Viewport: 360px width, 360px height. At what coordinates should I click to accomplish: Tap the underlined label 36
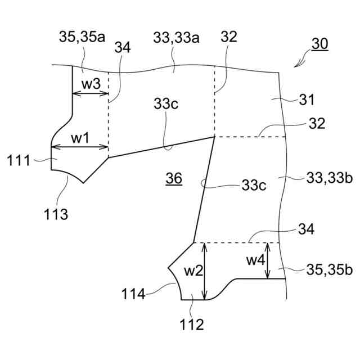(x=174, y=179)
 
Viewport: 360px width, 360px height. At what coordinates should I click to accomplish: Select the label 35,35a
(x=82, y=37)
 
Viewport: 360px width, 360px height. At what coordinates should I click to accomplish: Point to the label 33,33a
(x=176, y=37)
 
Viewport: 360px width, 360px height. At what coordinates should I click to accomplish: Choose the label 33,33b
(x=330, y=179)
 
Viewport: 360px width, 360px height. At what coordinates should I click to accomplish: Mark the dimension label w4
(x=256, y=260)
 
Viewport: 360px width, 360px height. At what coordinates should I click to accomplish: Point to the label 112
(x=192, y=325)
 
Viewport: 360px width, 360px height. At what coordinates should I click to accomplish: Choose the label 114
(x=133, y=293)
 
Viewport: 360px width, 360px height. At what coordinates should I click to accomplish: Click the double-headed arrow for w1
(x=79, y=148)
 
